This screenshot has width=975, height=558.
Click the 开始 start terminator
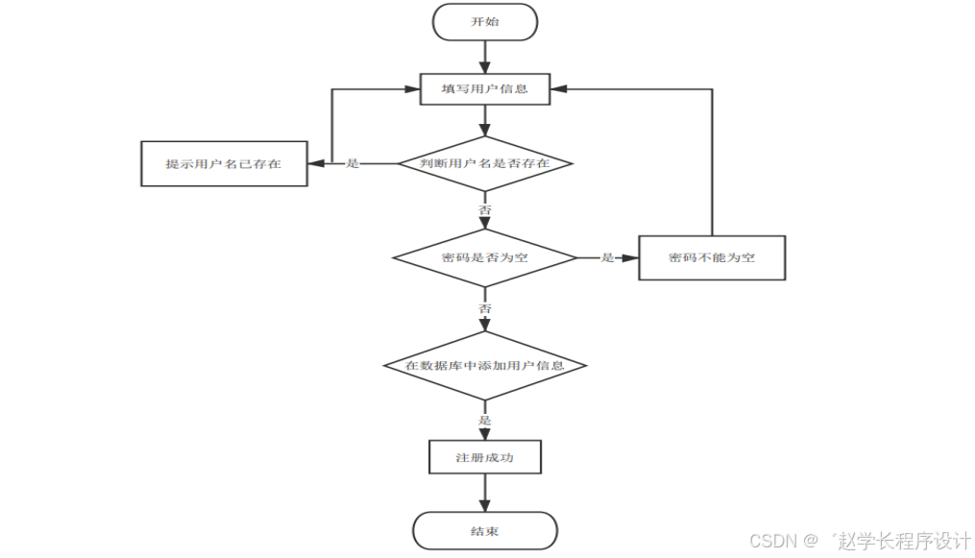[x=485, y=21]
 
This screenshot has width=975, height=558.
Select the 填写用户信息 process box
[x=485, y=89]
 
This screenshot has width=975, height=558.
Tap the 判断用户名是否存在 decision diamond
[x=485, y=163]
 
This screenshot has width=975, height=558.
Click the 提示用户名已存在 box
[x=224, y=163]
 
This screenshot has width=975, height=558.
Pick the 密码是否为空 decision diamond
[x=485, y=257]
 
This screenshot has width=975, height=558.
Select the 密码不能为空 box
[x=712, y=257]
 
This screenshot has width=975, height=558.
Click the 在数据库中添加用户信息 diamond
[x=485, y=366]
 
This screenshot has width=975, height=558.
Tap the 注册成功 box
[x=485, y=457]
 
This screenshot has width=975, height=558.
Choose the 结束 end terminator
[x=485, y=531]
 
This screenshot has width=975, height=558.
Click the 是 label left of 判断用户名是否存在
[x=353, y=163]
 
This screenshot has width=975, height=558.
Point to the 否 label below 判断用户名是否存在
[x=485, y=208]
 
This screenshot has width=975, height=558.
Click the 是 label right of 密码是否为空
[x=607, y=257]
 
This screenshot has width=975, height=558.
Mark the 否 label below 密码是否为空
[x=485, y=308]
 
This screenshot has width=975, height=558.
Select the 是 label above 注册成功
[x=485, y=421]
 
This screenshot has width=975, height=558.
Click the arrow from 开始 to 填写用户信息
[x=485, y=57]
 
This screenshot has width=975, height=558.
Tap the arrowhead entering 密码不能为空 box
[x=631, y=257]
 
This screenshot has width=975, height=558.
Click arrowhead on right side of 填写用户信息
[x=558, y=89]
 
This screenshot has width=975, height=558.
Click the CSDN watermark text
[x=772, y=540]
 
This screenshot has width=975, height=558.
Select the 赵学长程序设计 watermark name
[x=897, y=540]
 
